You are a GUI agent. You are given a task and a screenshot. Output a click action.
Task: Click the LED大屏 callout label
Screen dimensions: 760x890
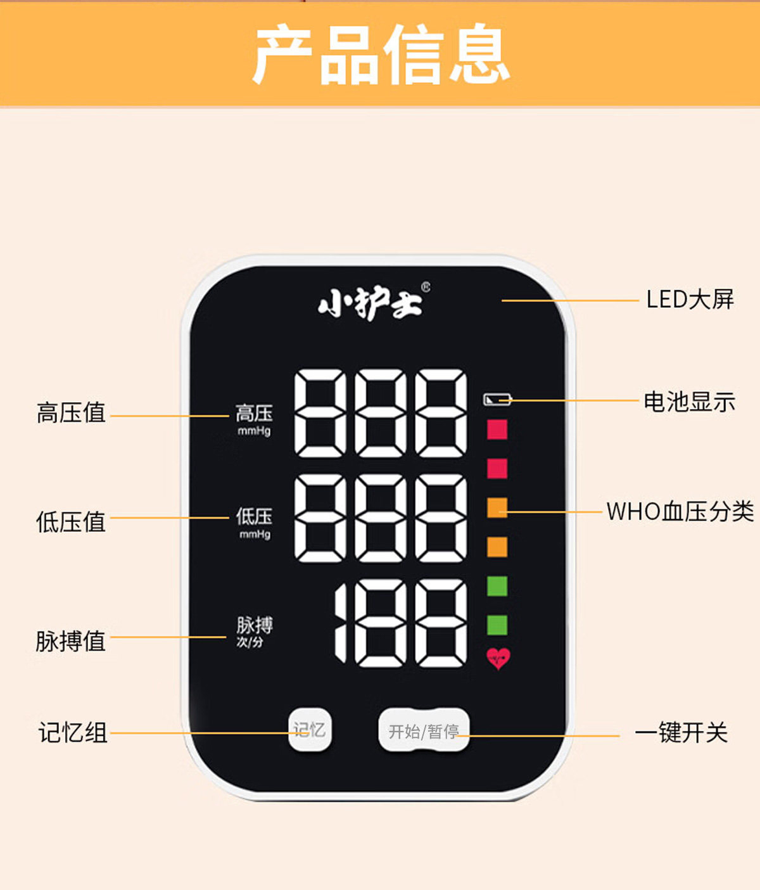coord(690,299)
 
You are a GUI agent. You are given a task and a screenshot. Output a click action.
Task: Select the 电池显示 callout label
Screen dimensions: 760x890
coord(689,402)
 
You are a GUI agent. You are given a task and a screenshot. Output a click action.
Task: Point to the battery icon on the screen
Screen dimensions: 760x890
coord(497,400)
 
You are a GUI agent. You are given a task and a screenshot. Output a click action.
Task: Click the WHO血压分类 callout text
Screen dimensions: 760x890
coord(680,512)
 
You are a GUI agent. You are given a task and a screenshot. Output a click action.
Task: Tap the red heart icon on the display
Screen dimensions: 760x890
coord(498,658)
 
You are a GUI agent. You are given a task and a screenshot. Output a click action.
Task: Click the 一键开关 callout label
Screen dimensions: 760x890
coord(681,732)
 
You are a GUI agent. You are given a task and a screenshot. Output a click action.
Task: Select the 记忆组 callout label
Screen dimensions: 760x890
coord(73,732)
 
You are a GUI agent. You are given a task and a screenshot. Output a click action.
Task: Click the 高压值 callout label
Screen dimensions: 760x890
coord(71,412)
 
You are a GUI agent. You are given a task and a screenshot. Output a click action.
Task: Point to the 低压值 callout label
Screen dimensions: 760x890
coord(71,522)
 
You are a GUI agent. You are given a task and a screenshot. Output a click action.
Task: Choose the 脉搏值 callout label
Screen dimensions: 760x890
coord(71,641)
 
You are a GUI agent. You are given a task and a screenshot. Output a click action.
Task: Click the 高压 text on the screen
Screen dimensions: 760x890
coord(254,414)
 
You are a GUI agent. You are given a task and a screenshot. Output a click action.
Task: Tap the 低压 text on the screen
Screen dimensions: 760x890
coord(254,516)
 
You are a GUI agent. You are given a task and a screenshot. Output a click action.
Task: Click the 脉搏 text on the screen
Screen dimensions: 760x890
coord(255,625)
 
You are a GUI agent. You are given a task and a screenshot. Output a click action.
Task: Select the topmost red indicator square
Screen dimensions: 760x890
coord(497,429)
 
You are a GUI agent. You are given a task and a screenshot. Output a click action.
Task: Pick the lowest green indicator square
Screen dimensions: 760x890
coord(497,625)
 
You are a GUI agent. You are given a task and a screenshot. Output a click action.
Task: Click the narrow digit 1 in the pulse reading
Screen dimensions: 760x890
coord(341,623)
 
